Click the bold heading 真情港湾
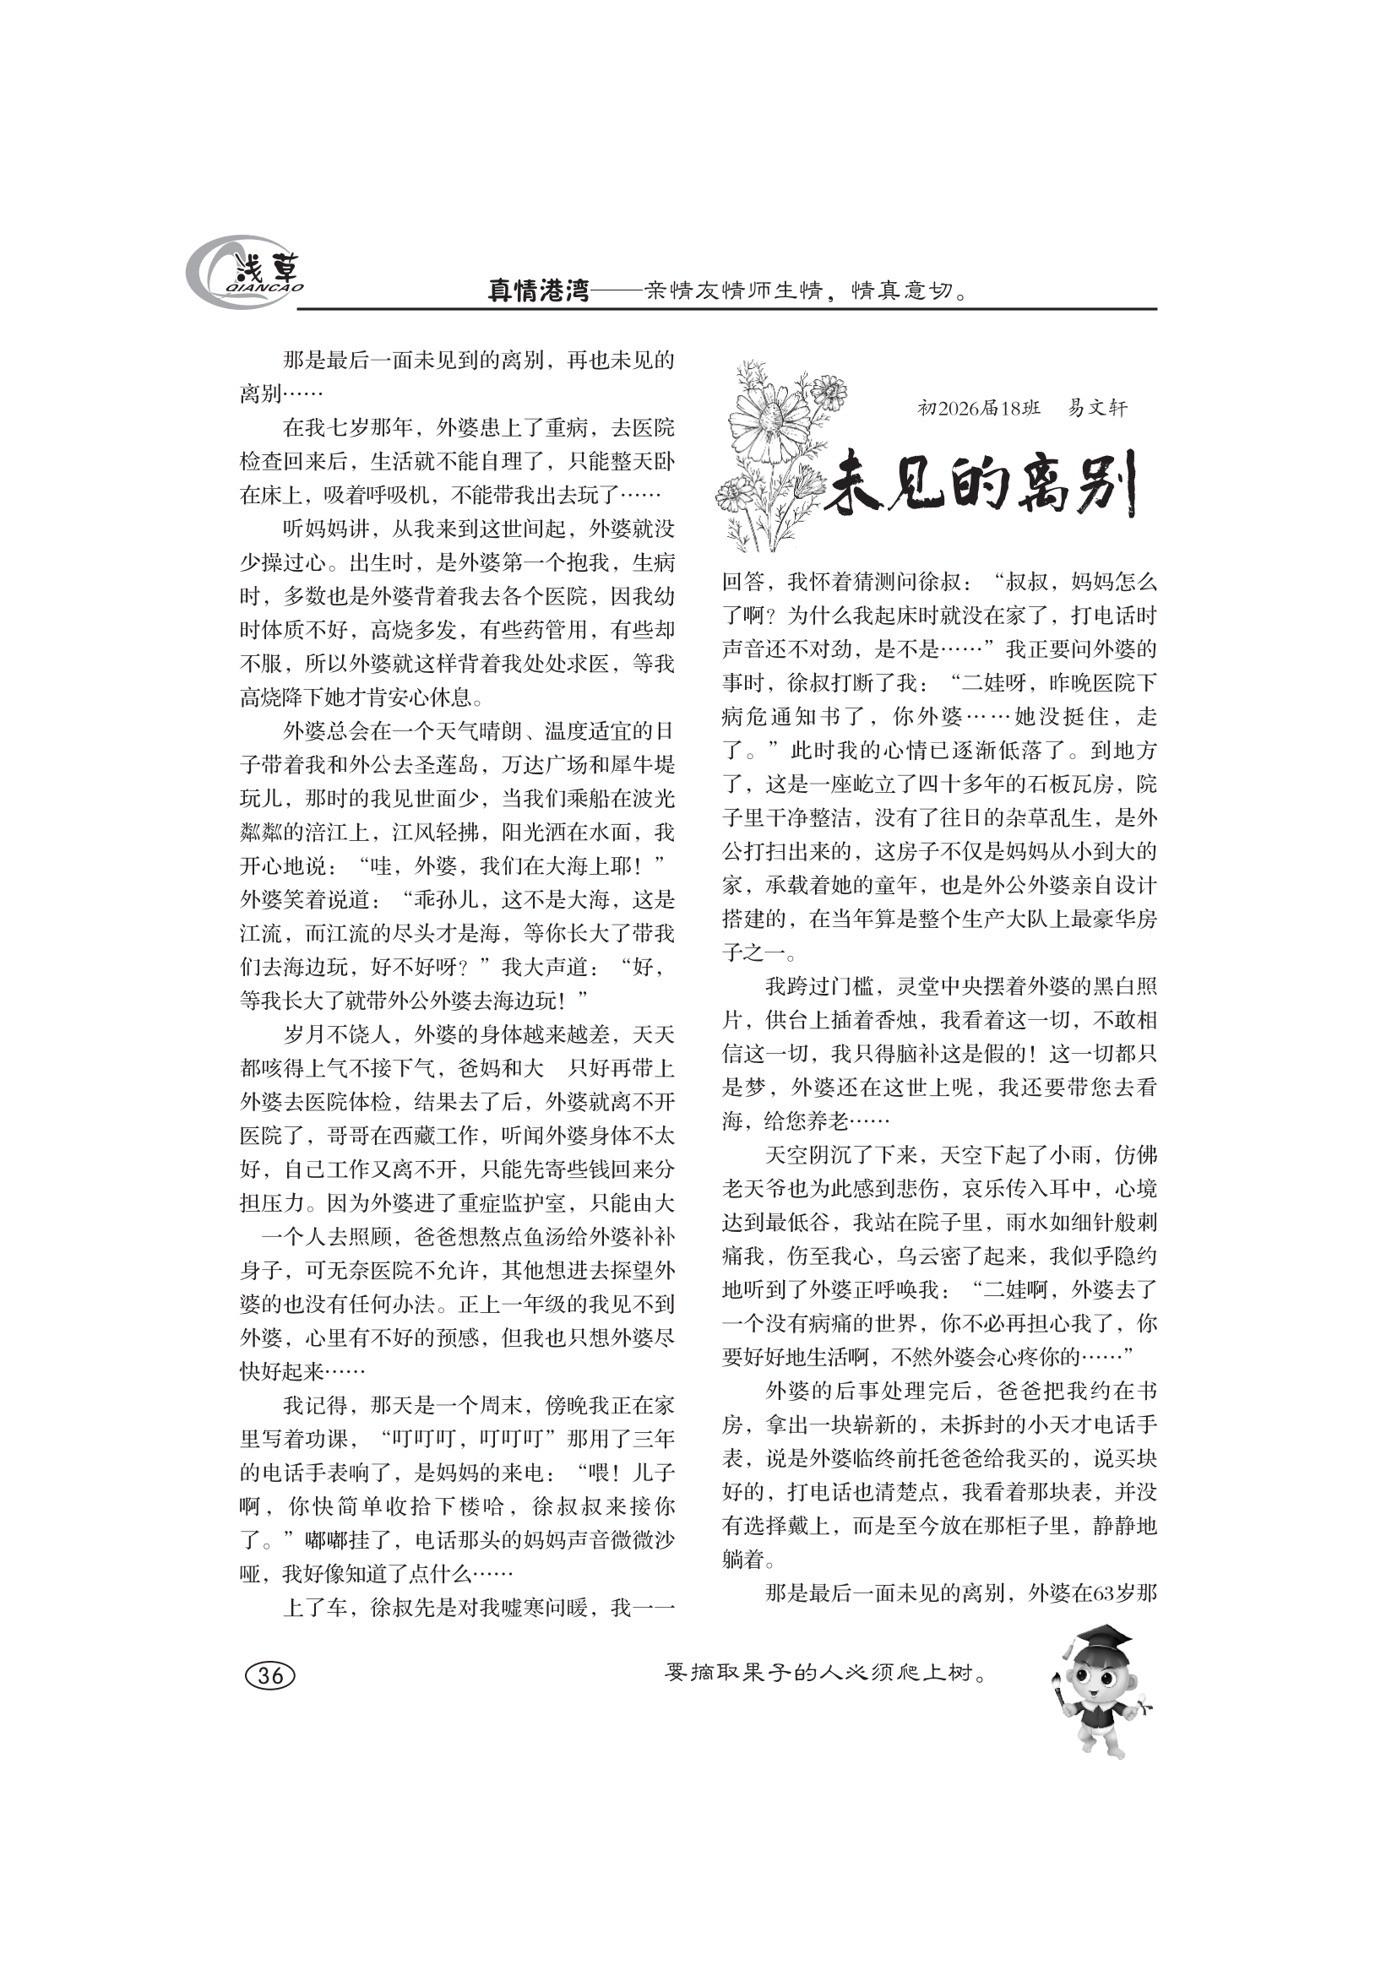coord(539,291)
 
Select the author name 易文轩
coord(1097,408)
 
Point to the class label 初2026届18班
coord(979,408)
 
